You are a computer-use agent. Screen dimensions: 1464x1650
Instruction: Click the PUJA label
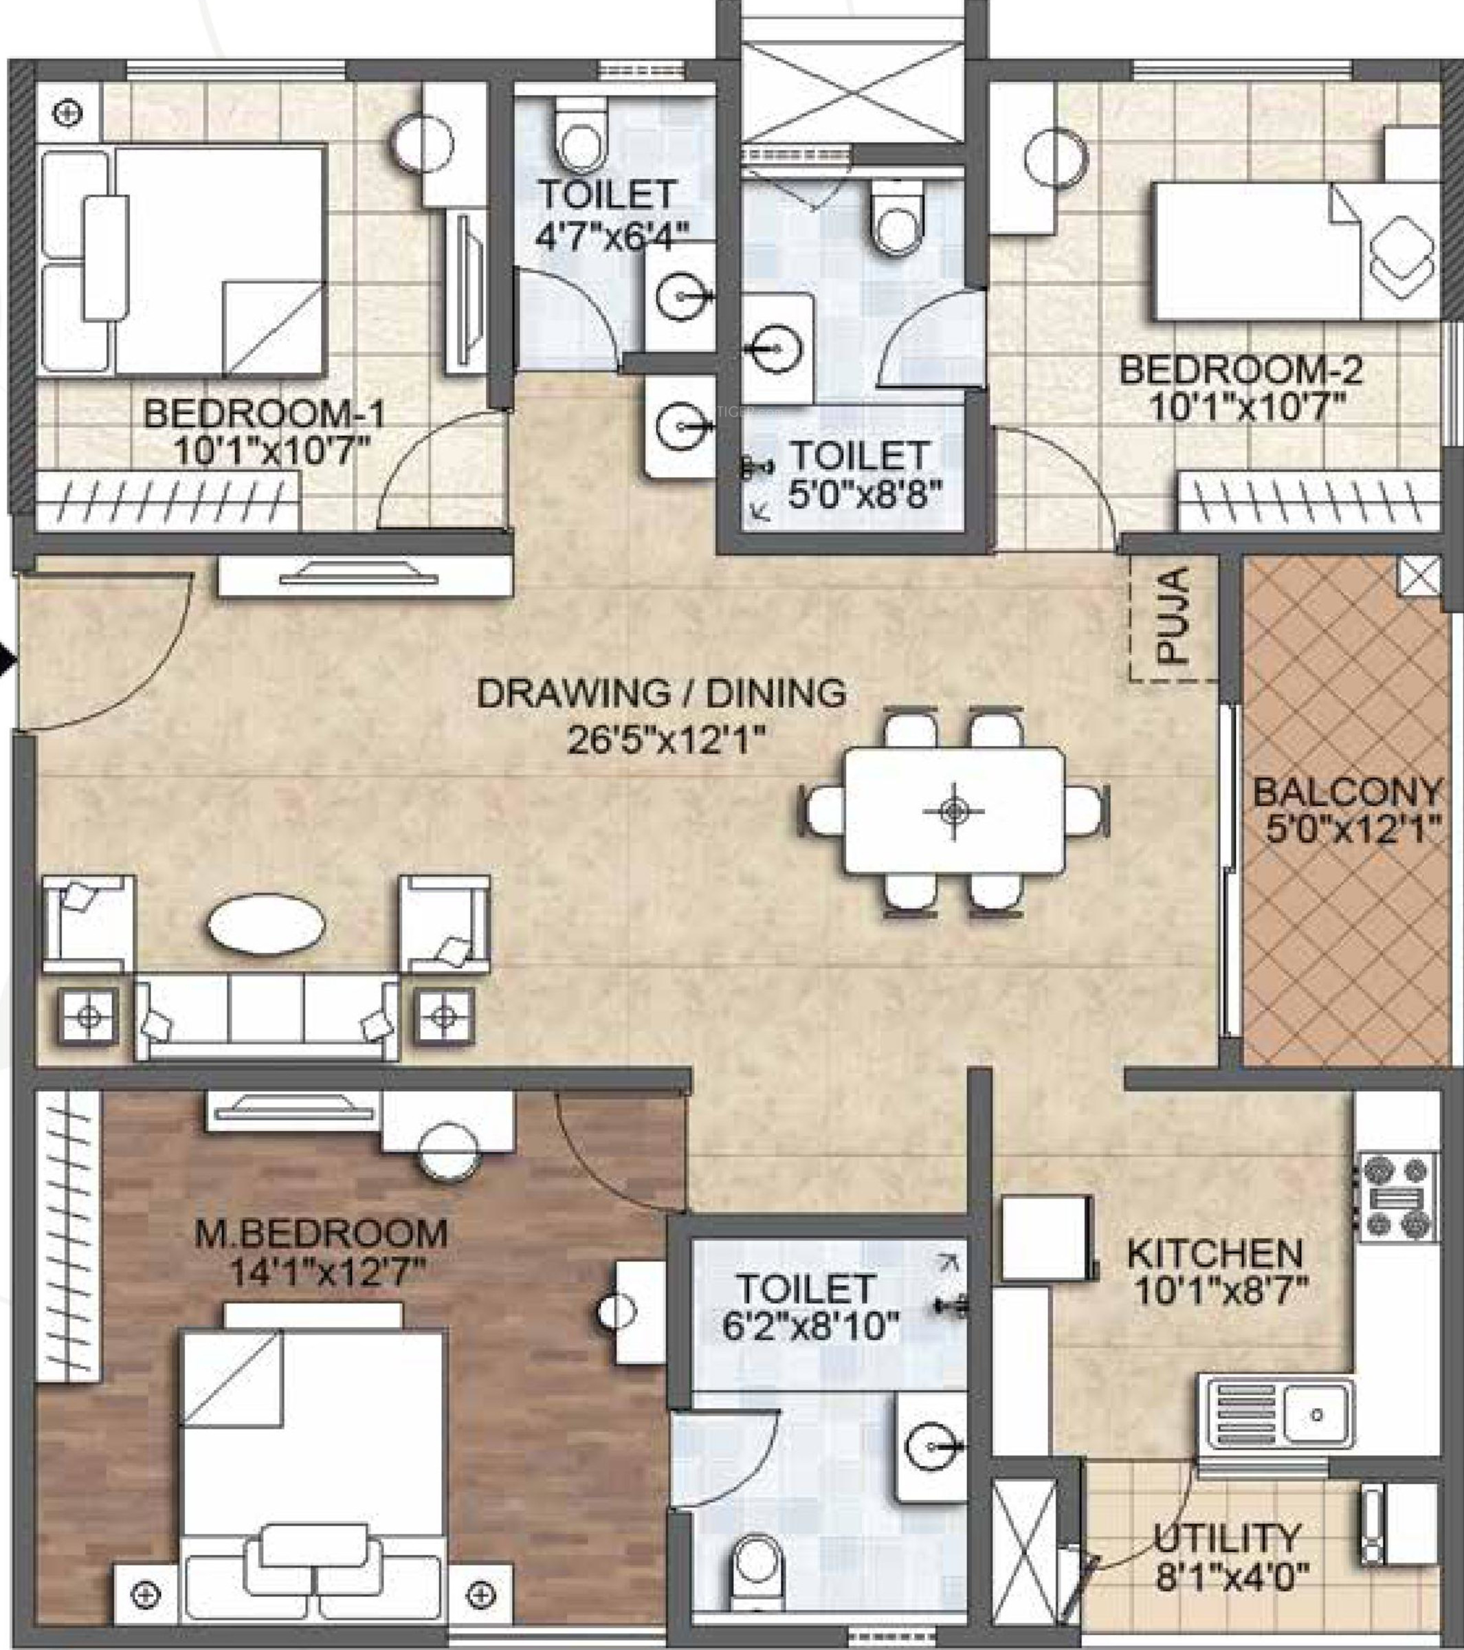click(1177, 616)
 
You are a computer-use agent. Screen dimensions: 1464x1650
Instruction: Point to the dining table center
click(954, 810)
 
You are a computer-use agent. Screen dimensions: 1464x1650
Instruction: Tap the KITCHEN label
click(1215, 1253)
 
